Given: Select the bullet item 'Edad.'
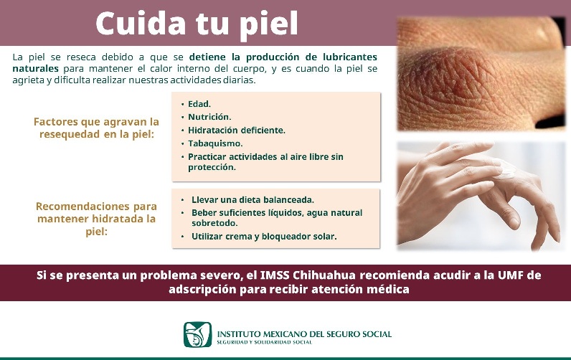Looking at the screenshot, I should pos(199,104).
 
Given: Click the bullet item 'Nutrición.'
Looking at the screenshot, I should pos(209,117).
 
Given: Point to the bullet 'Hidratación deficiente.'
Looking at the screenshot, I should pos(237,130).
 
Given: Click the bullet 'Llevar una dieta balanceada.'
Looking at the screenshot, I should pos(253,199).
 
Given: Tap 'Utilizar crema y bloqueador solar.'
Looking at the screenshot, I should pos(264,236).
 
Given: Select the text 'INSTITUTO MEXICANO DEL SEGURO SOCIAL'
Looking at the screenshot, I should pos(304,333).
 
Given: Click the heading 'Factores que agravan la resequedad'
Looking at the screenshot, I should pos(96,128).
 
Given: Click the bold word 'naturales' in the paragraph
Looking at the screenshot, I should pos(35,67).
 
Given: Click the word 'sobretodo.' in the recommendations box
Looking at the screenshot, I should pos(214,223).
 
